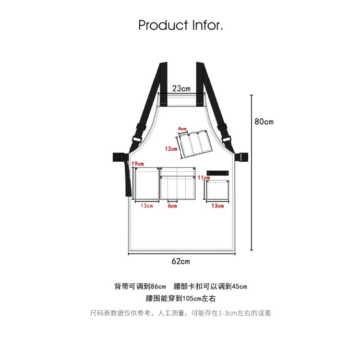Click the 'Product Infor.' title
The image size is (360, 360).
pyautogui.click(x=180, y=25)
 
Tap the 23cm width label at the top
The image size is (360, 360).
pyautogui.click(x=181, y=88)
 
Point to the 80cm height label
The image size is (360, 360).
pyautogui.click(x=264, y=121)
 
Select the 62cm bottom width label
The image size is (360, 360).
pyautogui.click(x=180, y=261)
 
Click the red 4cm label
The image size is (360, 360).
pyautogui.click(x=182, y=129)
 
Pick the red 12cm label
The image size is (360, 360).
pyautogui.click(x=171, y=149)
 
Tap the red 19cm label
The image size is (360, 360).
pyautogui.click(x=138, y=164)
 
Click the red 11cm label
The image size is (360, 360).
pyautogui.click(x=204, y=178)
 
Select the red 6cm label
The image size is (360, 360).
pyautogui.click(x=172, y=206)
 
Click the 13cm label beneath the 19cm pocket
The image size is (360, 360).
pyautogui.click(x=147, y=206)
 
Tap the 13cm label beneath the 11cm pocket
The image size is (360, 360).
pyautogui.click(x=217, y=206)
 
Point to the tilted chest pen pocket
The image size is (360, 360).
pyautogui.click(x=194, y=144)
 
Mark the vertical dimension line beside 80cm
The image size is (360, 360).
pyautogui.click(x=252, y=173)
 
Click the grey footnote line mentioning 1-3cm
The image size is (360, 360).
pyautogui.click(x=180, y=313)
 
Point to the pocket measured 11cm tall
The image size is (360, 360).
pyautogui.click(x=217, y=190)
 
